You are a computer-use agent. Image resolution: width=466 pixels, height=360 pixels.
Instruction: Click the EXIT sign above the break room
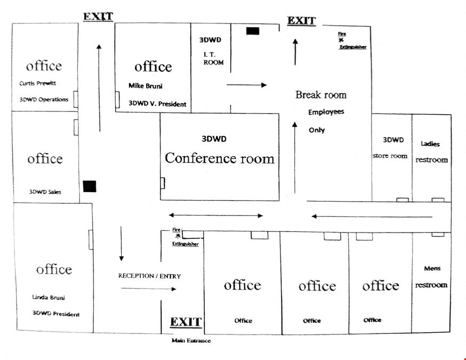[301, 20]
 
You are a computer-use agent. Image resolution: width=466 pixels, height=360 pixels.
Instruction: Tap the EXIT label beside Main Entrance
[186, 322]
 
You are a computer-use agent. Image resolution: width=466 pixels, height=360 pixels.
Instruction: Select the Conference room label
[220, 158]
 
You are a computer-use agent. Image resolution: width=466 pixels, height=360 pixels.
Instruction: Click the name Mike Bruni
[146, 86]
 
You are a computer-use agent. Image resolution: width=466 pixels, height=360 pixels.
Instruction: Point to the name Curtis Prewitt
[38, 83]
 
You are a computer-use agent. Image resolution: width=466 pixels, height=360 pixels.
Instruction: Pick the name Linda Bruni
[49, 297]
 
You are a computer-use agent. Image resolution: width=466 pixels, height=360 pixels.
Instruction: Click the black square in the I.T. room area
[253, 31]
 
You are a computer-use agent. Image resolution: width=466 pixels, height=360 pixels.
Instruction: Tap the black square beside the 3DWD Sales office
[90, 186]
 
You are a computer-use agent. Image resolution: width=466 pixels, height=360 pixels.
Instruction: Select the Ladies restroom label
[431, 152]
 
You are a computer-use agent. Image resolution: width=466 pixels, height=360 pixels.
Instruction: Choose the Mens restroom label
[431, 277]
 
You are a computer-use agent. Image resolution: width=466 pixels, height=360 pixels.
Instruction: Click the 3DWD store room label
[390, 148]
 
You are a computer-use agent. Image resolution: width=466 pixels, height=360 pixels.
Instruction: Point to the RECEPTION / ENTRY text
[149, 276]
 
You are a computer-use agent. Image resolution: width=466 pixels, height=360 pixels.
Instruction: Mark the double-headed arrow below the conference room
[216, 215]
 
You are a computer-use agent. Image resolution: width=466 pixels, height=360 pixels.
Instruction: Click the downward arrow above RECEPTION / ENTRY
[121, 244]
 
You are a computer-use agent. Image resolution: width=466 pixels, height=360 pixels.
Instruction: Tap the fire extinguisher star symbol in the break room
[341, 40]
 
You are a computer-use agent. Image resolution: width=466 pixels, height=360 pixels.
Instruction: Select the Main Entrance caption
[191, 340]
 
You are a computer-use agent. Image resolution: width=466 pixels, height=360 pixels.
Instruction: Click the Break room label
[321, 95]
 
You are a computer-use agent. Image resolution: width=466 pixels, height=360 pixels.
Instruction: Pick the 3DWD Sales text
[45, 192]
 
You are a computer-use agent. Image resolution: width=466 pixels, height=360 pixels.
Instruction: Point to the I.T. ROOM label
[213, 59]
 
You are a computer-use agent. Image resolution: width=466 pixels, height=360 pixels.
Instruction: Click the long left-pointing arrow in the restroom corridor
[372, 217]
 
